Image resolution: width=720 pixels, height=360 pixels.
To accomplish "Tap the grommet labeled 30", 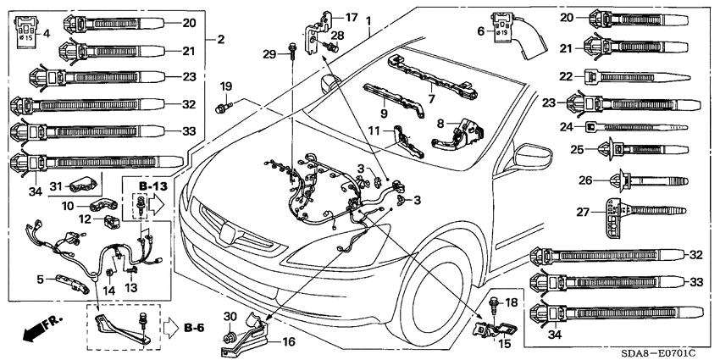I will pyautogui.click(x=229, y=338).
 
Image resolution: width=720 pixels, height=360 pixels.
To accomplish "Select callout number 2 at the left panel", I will pyautogui.click(x=221, y=39).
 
